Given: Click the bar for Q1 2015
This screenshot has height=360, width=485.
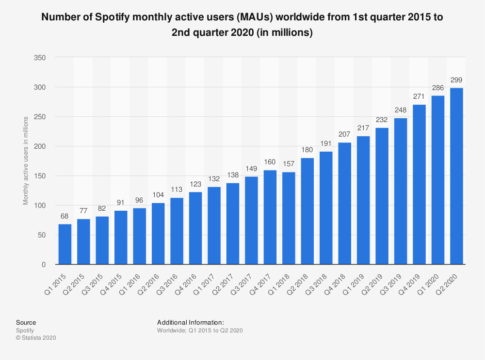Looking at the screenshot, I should (x=65, y=244).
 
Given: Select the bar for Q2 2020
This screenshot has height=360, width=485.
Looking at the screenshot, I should (x=456, y=176).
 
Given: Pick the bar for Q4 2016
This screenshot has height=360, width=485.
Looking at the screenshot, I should (x=195, y=228).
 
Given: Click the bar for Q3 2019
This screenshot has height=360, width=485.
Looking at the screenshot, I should (x=401, y=191).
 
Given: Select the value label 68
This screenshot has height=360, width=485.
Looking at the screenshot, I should (x=65, y=217).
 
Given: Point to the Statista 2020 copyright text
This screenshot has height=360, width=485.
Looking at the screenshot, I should (x=36, y=338).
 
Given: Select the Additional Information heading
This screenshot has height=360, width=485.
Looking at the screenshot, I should (x=191, y=322).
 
